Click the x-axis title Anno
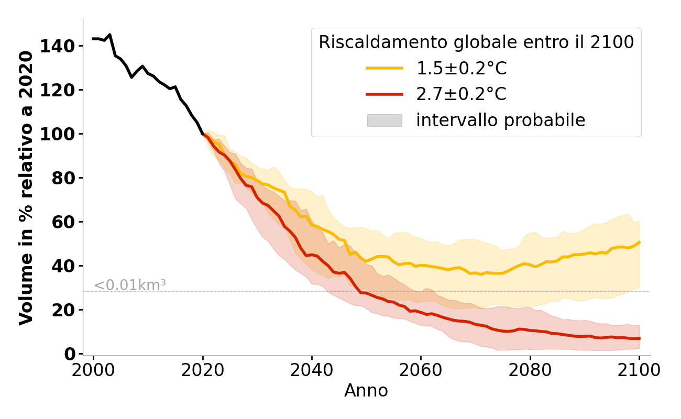366,391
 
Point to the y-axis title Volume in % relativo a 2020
26,188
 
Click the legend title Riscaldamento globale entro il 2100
476,42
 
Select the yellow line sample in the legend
385,68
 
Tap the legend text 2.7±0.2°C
461,94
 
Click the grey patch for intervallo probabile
385,120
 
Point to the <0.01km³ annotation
130,285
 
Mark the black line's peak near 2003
109,35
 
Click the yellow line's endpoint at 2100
639,242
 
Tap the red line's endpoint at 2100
639,338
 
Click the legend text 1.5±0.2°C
461,68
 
